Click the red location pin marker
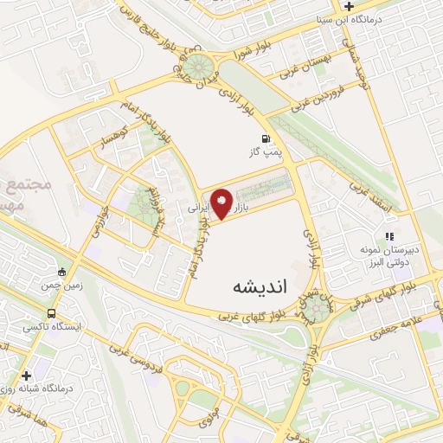[221, 204]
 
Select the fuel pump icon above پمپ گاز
[265, 138]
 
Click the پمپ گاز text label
[265, 152]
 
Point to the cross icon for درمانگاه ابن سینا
[348, 6]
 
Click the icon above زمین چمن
[61, 271]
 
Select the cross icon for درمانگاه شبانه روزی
[27, 376]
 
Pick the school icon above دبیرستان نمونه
[390, 234]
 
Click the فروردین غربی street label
[324, 95]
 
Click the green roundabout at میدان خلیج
[200, 67]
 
